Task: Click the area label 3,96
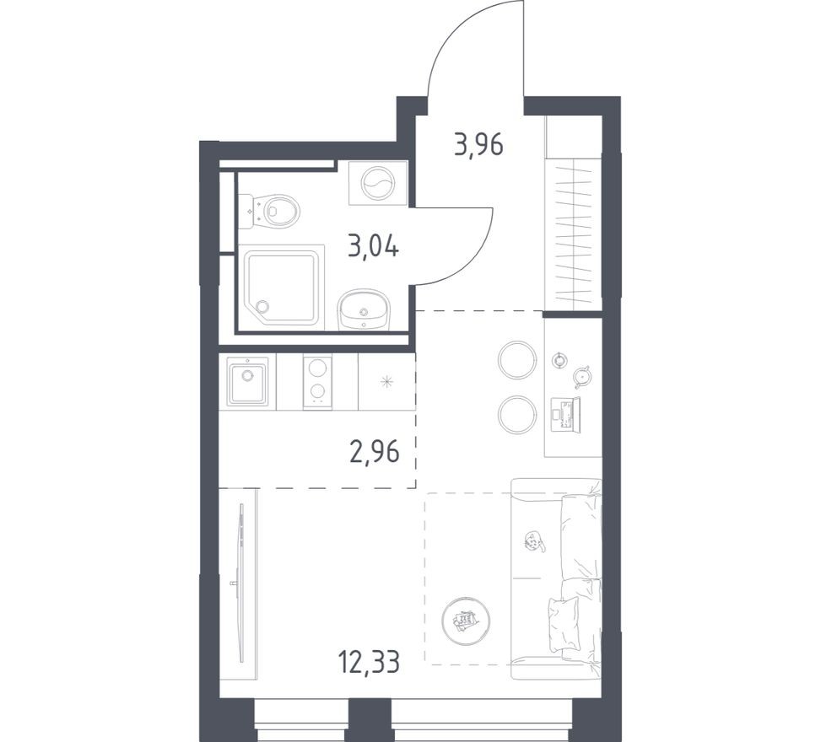pyautogui.click(x=478, y=145)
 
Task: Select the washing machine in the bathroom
pyautogui.click(x=377, y=182)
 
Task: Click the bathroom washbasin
pyautogui.click(x=365, y=310)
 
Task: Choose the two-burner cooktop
pyautogui.click(x=317, y=381)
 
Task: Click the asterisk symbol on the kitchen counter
pyautogui.click(x=386, y=382)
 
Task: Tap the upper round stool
pyautogui.click(x=516, y=359)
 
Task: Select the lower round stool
pyautogui.click(x=516, y=414)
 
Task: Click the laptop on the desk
pyautogui.click(x=564, y=412)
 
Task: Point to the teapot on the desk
pyautogui.click(x=581, y=375)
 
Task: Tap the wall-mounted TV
pyautogui.click(x=240, y=583)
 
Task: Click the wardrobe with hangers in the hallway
pyautogui.click(x=574, y=232)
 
